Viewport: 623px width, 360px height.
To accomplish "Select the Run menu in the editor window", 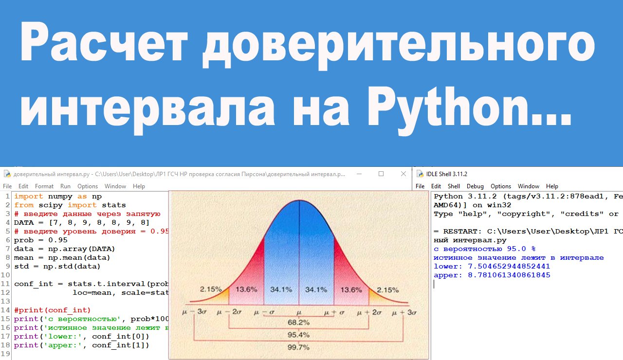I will pyautogui.click(x=65, y=186).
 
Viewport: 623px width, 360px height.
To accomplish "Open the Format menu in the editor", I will pyautogui.click(x=44, y=186).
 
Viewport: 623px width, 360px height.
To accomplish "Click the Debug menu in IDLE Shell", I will pyautogui.click(x=475, y=186).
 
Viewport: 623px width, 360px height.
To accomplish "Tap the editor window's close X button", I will pyautogui.click(x=403, y=174).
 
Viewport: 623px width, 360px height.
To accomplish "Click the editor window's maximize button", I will pyautogui.click(x=381, y=174).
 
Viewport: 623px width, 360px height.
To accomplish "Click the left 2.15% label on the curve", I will pyautogui.click(x=211, y=289).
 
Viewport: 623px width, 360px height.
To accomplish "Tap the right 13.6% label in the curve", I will pyautogui.click(x=351, y=289).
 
